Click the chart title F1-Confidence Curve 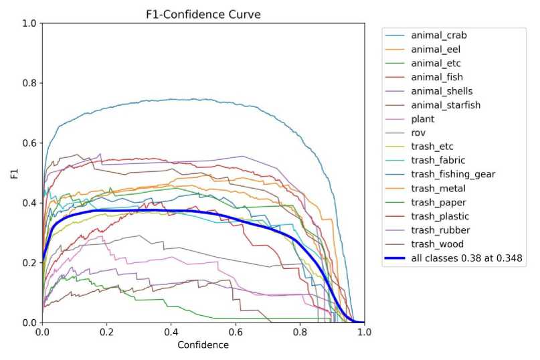tap(203, 13)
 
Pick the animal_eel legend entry tap(434, 49)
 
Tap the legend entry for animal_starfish tap(442, 104)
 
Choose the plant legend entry tap(424, 118)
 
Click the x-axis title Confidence tap(203, 345)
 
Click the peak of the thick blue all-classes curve tap(154, 209)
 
